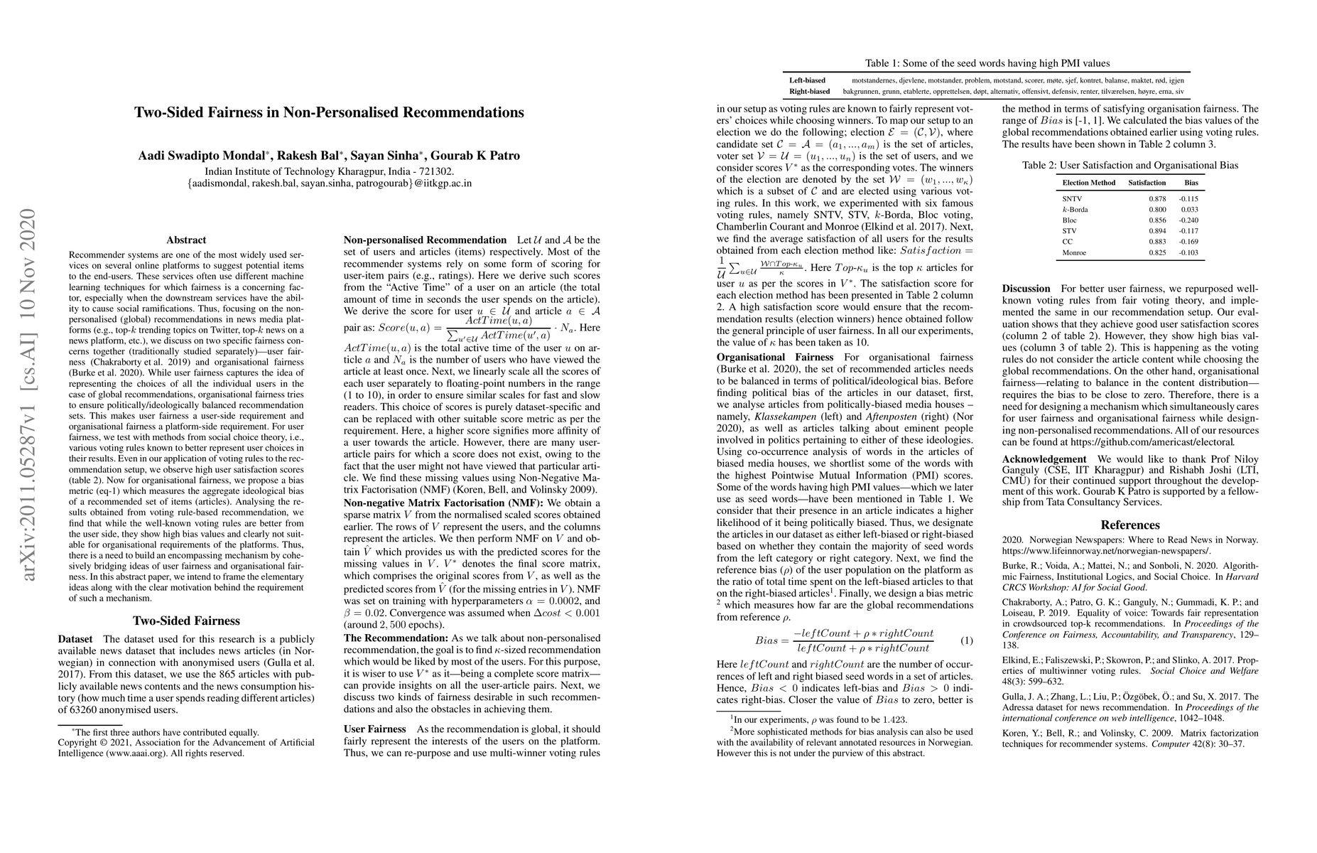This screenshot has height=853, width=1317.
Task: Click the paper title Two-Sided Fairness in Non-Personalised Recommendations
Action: point(329,112)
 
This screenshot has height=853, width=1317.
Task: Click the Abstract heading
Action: point(186,240)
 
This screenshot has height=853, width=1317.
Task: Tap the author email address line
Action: point(329,183)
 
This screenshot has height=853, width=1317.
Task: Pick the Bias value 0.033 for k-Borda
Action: point(1190,210)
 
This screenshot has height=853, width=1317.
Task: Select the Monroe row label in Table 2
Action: point(1074,252)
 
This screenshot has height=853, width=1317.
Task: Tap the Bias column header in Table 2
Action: point(1191,183)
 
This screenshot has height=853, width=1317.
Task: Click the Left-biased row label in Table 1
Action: point(808,80)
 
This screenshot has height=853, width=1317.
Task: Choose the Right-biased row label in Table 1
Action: point(809,91)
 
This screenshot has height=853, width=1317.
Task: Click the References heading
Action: point(1130,525)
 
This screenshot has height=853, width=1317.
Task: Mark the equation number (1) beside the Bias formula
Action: point(966,640)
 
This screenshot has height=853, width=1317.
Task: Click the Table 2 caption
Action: point(1130,166)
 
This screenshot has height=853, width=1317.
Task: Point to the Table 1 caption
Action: point(987,63)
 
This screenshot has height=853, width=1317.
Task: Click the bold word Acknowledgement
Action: point(1044,459)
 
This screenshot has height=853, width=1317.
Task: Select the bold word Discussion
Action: point(1026,289)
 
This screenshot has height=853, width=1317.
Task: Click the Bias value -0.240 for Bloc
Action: point(1188,220)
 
